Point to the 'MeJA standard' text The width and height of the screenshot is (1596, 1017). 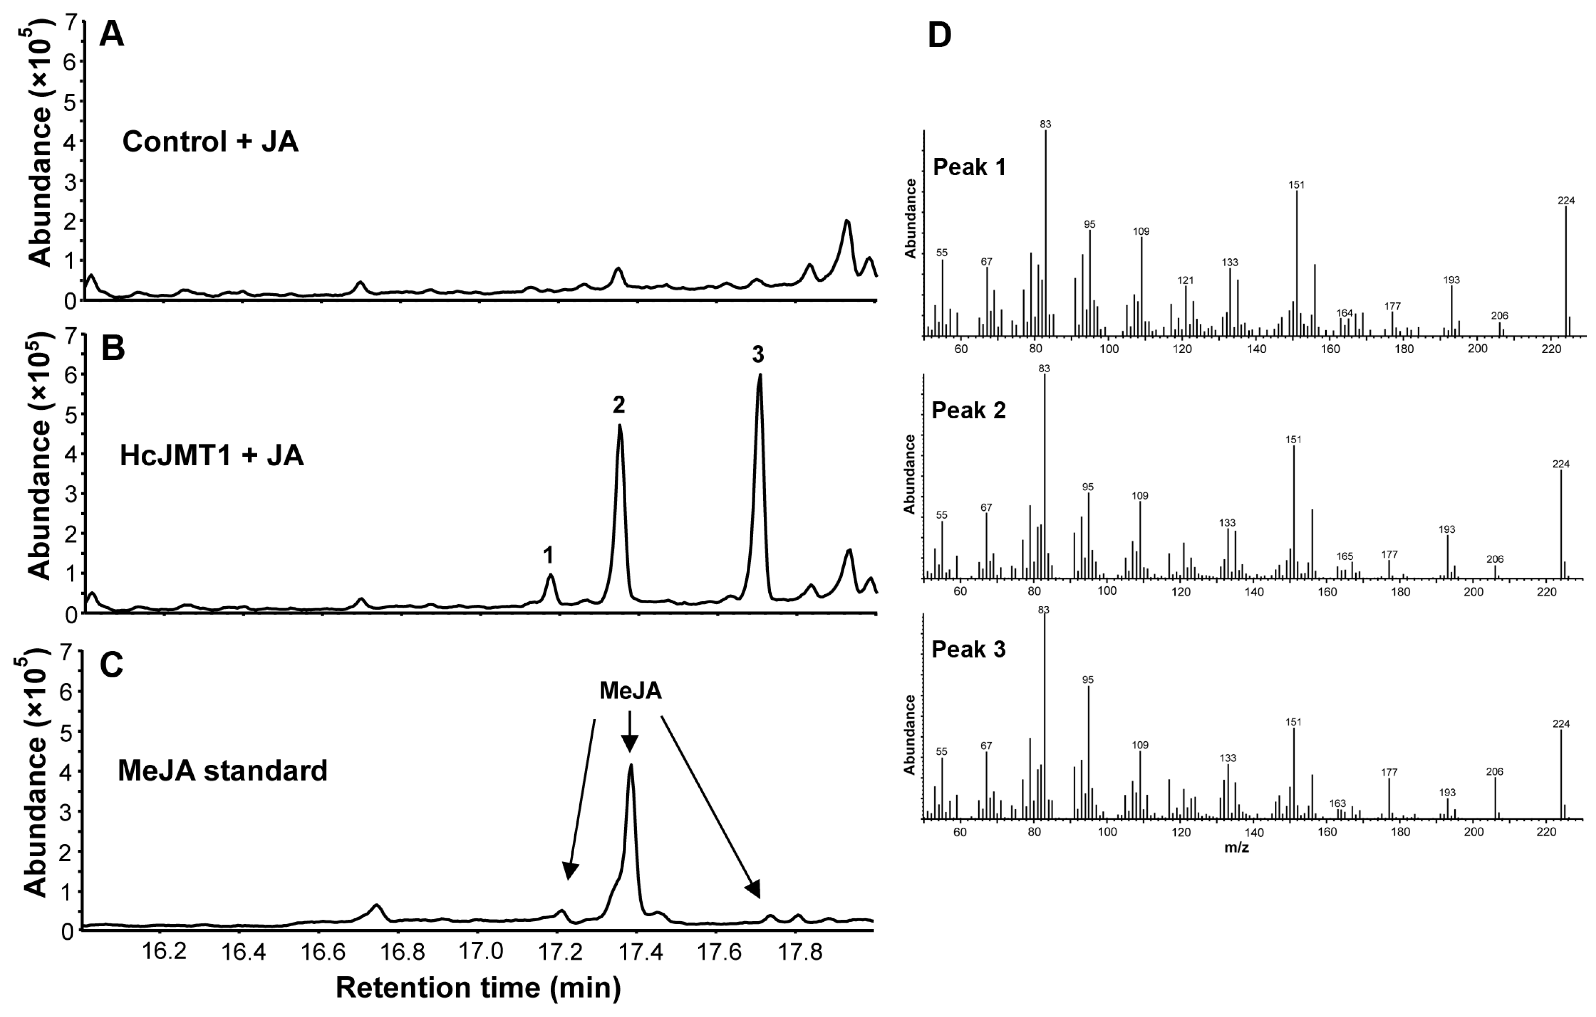223,771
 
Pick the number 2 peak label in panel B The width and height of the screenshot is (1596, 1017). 619,405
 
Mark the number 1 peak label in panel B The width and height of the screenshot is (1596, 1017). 548,555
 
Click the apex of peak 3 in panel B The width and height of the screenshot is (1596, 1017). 760,375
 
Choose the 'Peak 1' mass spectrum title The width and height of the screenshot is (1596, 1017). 969,167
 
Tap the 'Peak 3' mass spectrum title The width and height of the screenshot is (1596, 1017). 968,649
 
